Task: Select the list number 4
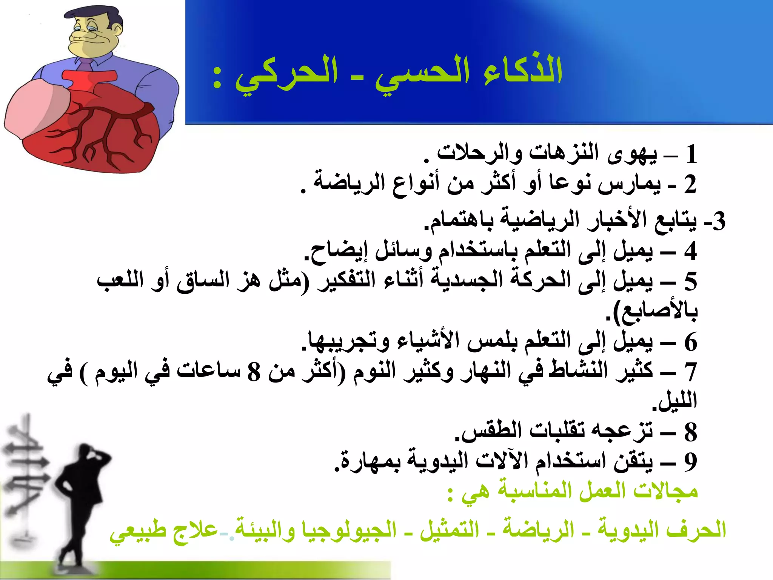[x=690, y=251]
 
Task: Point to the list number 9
[x=690, y=461]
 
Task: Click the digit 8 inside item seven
[x=254, y=372]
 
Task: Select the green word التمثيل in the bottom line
[x=449, y=529]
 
